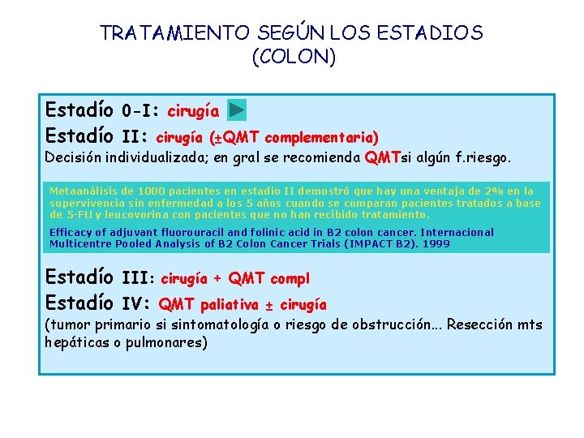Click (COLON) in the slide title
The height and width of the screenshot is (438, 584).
click(293, 58)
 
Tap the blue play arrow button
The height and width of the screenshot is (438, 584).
click(236, 109)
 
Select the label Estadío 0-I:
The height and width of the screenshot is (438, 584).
click(103, 109)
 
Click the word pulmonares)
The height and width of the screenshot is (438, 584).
click(170, 342)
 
